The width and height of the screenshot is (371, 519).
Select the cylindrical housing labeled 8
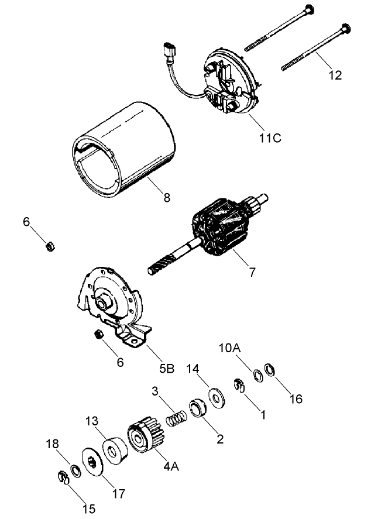point(123,152)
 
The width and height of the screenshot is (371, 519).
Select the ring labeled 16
point(270,370)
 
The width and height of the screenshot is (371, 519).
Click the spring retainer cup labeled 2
point(197,408)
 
